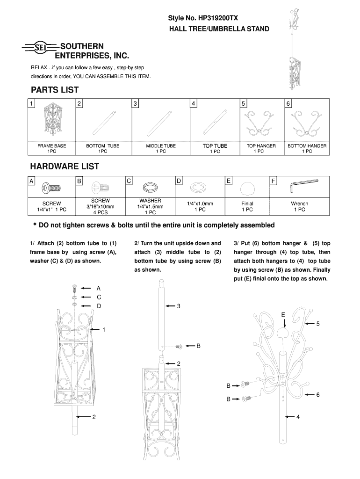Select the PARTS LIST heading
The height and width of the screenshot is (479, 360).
[x=54, y=90]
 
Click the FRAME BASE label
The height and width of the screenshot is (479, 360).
[x=52, y=146]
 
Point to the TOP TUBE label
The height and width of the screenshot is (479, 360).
[x=215, y=146]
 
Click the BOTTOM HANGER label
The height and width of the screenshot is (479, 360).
[x=307, y=146]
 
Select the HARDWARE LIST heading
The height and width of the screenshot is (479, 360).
[x=65, y=167]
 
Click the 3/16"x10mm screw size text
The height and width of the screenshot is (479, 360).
[x=101, y=206]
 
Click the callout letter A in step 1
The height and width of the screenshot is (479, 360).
[x=99, y=288]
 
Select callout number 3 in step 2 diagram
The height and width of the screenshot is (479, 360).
[x=178, y=306]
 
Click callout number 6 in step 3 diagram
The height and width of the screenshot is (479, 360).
[x=317, y=395]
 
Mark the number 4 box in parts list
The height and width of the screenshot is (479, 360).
[x=194, y=103]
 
